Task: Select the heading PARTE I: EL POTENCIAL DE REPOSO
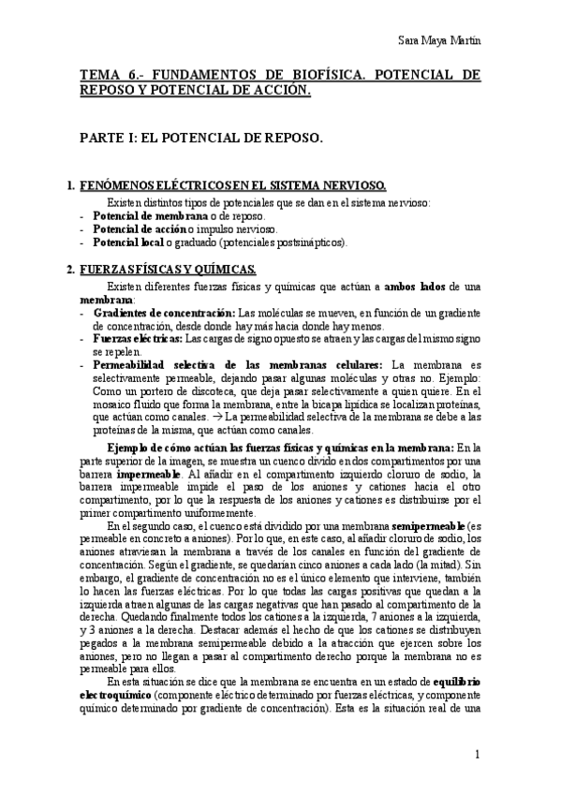coord(202,138)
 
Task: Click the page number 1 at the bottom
coord(478,756)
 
